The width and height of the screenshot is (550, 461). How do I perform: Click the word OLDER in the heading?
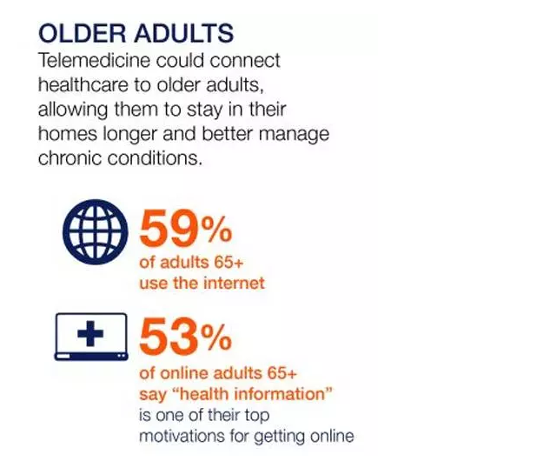[82, 33]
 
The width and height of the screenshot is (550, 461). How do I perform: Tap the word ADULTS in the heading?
[184, 33]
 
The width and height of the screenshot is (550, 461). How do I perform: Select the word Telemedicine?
[95, 60]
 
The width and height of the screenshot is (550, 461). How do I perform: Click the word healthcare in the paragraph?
[83, 85]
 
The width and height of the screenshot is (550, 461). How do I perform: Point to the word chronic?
[70, 158]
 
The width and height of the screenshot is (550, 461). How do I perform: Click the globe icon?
[96, 231]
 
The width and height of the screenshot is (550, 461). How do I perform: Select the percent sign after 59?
[216, 229]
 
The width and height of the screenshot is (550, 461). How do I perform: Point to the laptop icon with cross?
[91, 337]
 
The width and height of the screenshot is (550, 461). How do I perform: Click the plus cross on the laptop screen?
[90, 333]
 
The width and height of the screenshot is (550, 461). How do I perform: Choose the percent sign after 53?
[216, 337]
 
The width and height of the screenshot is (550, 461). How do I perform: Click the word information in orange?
[283, 393]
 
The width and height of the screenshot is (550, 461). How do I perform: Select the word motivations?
[182, 436]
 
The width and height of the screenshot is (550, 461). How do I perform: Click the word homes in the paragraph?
[68, 134]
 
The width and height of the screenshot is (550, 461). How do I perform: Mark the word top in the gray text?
[257, 416]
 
